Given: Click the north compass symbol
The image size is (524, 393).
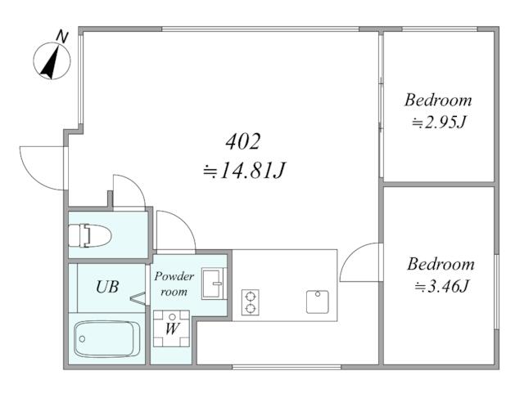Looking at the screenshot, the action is click(x=52, y=61).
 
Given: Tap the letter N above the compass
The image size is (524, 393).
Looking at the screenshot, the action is click(x=62, y=36).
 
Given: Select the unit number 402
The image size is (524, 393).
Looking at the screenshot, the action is click(x=243, y=141).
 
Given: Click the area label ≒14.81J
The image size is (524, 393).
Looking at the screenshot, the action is click(x=244, y=170).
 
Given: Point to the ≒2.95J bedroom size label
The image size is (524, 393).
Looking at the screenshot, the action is click(x=439, y=123).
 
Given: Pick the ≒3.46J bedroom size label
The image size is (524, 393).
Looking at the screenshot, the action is click(x=442, y=286).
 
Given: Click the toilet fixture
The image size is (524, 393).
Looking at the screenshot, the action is click(x=89, y=235).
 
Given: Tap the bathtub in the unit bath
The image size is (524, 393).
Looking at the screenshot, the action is click(x=107, y=339).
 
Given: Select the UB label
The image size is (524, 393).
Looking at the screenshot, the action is click(x=107, y=287).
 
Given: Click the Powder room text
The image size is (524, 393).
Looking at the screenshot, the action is click(x=174, y=284).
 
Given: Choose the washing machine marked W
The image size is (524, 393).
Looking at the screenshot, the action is click(x=171, y=328).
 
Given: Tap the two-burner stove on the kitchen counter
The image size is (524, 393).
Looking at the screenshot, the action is click(x=251, y=302).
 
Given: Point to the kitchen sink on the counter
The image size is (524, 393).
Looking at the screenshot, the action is click(x=318, y=302).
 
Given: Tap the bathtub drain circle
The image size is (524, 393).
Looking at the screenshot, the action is click(x=82, y=339).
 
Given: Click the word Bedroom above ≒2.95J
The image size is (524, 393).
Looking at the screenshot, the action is click(x=438, y=100).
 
